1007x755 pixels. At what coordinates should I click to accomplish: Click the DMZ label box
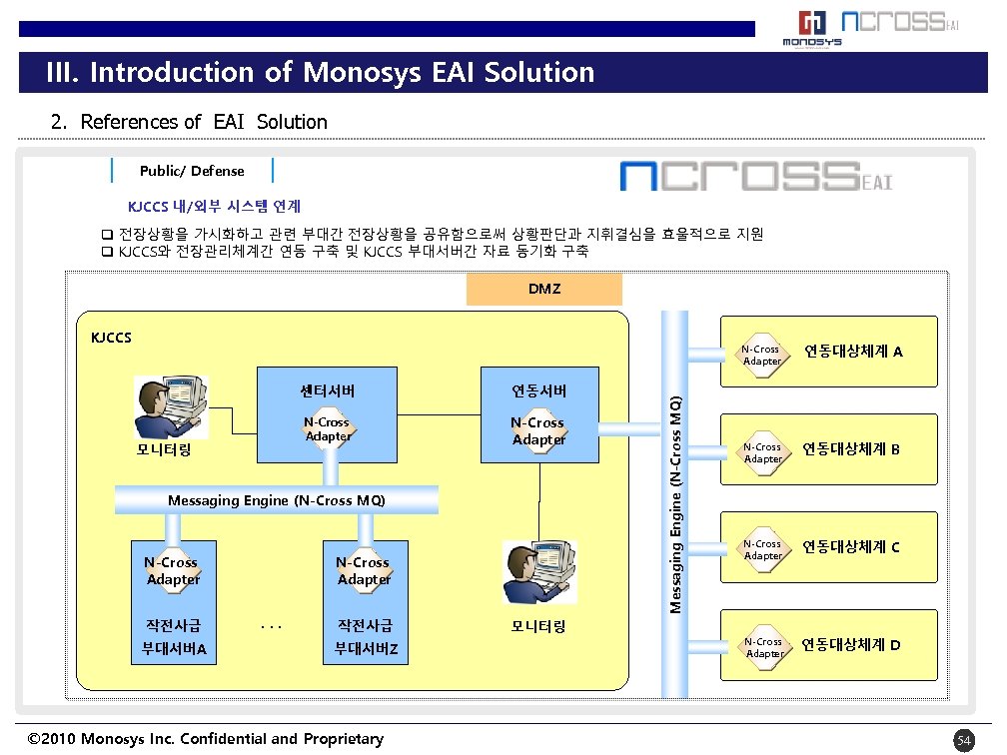tap(544, 289)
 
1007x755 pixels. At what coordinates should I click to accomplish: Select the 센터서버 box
tap(328, 414)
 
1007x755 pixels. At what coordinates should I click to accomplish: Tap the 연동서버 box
tap(538, 414)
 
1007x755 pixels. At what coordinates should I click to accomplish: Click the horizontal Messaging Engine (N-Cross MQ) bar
tap(277, 499)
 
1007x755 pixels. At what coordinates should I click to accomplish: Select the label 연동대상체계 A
tap(854, 352)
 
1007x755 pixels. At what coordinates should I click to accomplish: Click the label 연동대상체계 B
tap(851, 449)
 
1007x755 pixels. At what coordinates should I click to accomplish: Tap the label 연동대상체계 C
tap(851, 547)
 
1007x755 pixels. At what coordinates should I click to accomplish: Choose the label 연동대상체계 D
tap(851, 644)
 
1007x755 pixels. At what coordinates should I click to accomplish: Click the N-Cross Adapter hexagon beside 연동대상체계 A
tap(762, 355)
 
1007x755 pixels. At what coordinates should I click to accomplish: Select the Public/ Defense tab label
tap(192, 171)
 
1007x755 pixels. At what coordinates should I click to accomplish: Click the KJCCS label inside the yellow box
tap(111, 337)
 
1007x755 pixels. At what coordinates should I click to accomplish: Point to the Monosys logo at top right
tap(811, 29)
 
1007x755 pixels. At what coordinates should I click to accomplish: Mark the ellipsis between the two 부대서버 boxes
tap(270, 627)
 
